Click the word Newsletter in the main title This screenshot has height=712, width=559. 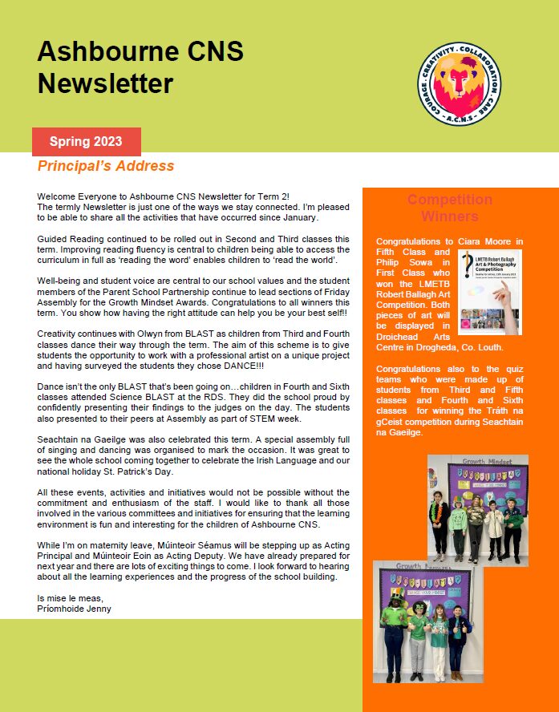pyautogui.click(x=105, y=83)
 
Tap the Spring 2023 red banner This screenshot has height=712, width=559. pyautogui.click(x=86, y=142)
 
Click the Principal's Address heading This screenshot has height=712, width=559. pyautogui.click(x=106, y=166)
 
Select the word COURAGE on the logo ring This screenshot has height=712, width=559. pyautogui.click(x=427, y=91)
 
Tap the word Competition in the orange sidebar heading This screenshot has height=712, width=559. pyautogui.click(x=449, y=200)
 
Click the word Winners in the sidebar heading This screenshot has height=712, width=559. pyautogui.click(x=449, y=216)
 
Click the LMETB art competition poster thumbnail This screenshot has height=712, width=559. pyautogui.click(x=489, y=291)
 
